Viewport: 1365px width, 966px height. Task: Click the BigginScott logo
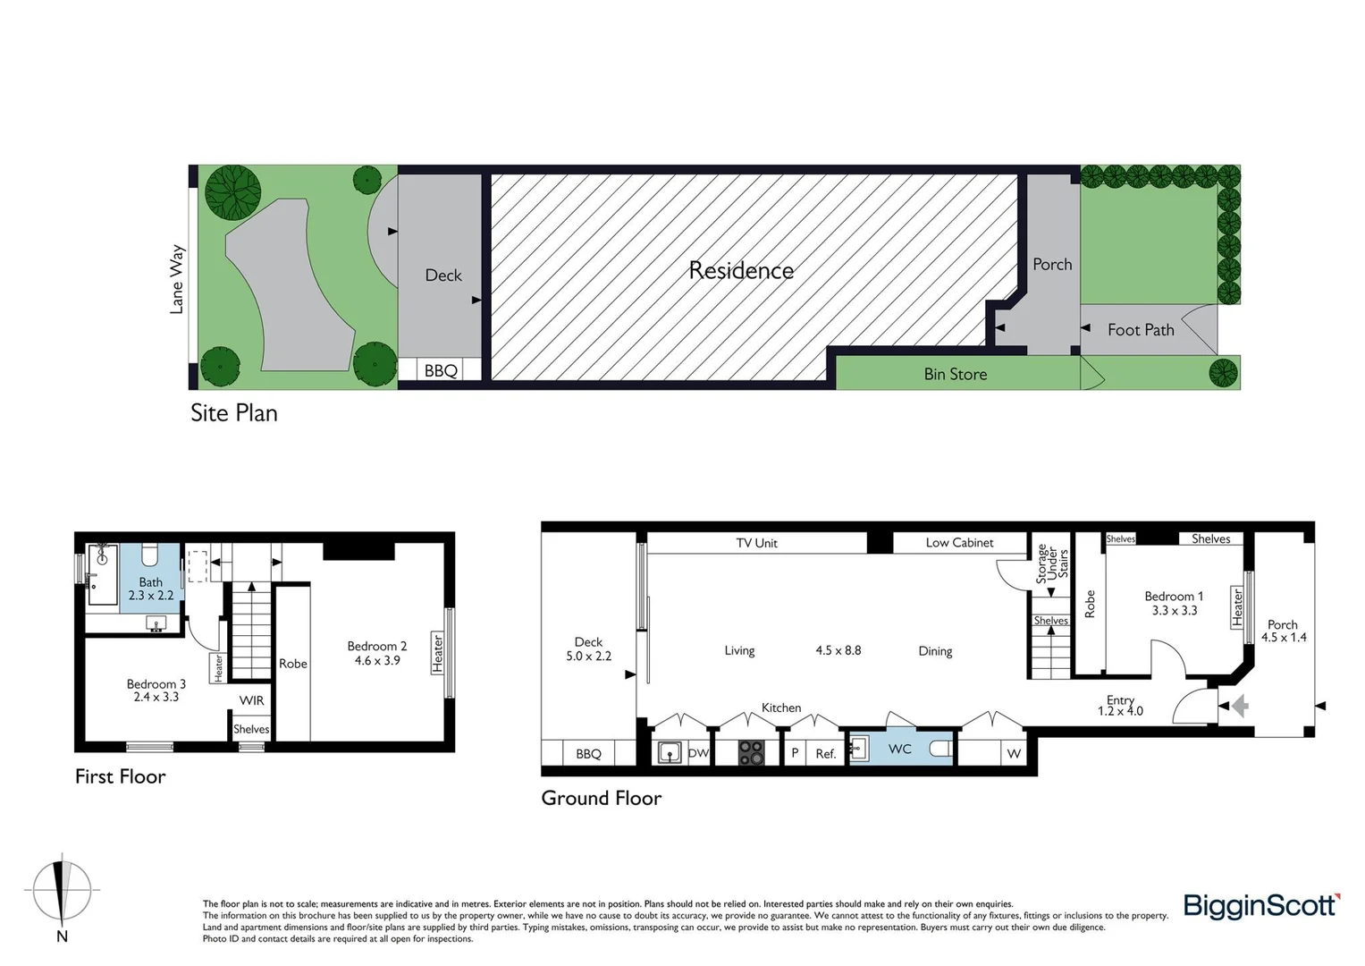click(x=1261, y=906)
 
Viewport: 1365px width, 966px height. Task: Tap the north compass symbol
click(x=62, y=892)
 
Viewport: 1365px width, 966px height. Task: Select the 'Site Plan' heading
click(x=234, y=413)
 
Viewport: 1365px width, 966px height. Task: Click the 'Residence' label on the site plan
click(x=741, y=270)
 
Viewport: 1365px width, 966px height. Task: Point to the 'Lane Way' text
click(x=177, y=279)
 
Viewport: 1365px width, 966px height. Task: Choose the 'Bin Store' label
click(x=956, y=374)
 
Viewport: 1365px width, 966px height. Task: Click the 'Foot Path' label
click(x=1141, y=330)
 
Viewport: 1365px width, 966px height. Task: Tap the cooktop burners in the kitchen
click(x=752, y=753)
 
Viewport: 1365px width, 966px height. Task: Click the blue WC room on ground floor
click(x=900, y=748)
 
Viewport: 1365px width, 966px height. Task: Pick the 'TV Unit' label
click(x=756, y=543)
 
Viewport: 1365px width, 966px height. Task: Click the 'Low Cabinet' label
click(x=959, y=543)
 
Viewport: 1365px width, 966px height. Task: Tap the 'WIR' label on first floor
click(x=251, y=700)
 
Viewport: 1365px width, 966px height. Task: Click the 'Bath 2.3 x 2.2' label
click(x=150, y=589)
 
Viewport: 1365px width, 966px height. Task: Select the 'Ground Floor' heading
click(x=601, y=798)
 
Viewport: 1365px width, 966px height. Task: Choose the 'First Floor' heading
click(x=120, y=776)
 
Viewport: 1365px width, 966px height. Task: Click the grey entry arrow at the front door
click(x=1239, y=707)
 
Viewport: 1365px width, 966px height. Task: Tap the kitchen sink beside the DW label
click(x=669, y=753)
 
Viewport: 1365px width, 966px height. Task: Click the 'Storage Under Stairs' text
click(x=1051, y=565)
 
